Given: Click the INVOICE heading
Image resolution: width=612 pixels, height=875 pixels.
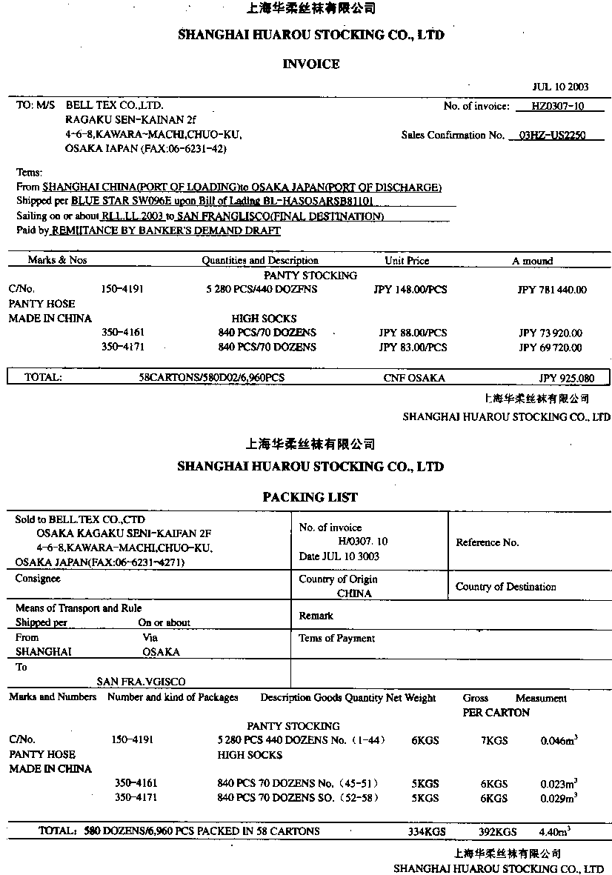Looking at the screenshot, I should [311, 64].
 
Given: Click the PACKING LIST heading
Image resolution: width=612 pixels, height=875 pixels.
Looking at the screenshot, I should [310, 497].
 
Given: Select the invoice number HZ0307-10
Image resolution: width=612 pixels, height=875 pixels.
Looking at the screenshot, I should [558, 106].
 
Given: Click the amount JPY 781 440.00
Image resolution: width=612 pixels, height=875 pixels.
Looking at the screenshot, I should [551, 290].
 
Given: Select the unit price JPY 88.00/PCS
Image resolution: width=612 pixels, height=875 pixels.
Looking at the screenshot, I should [413, 333].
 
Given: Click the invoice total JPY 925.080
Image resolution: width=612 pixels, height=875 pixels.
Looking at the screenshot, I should [567, 378].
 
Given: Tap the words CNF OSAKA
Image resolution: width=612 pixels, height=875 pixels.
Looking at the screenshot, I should [414, 378].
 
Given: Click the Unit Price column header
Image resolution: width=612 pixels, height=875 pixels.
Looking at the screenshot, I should [407, 261].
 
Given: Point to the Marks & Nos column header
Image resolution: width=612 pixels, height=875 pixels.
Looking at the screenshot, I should [57, 260].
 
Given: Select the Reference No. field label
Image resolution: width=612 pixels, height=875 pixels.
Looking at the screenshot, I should [487, 542].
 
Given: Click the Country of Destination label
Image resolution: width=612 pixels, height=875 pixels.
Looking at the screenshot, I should [505, 587].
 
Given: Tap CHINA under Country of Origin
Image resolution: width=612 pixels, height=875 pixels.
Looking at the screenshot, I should [354, 593].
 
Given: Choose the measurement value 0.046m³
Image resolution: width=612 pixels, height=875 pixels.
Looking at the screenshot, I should [559, 740].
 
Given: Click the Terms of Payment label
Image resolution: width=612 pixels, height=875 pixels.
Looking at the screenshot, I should [336, 638].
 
